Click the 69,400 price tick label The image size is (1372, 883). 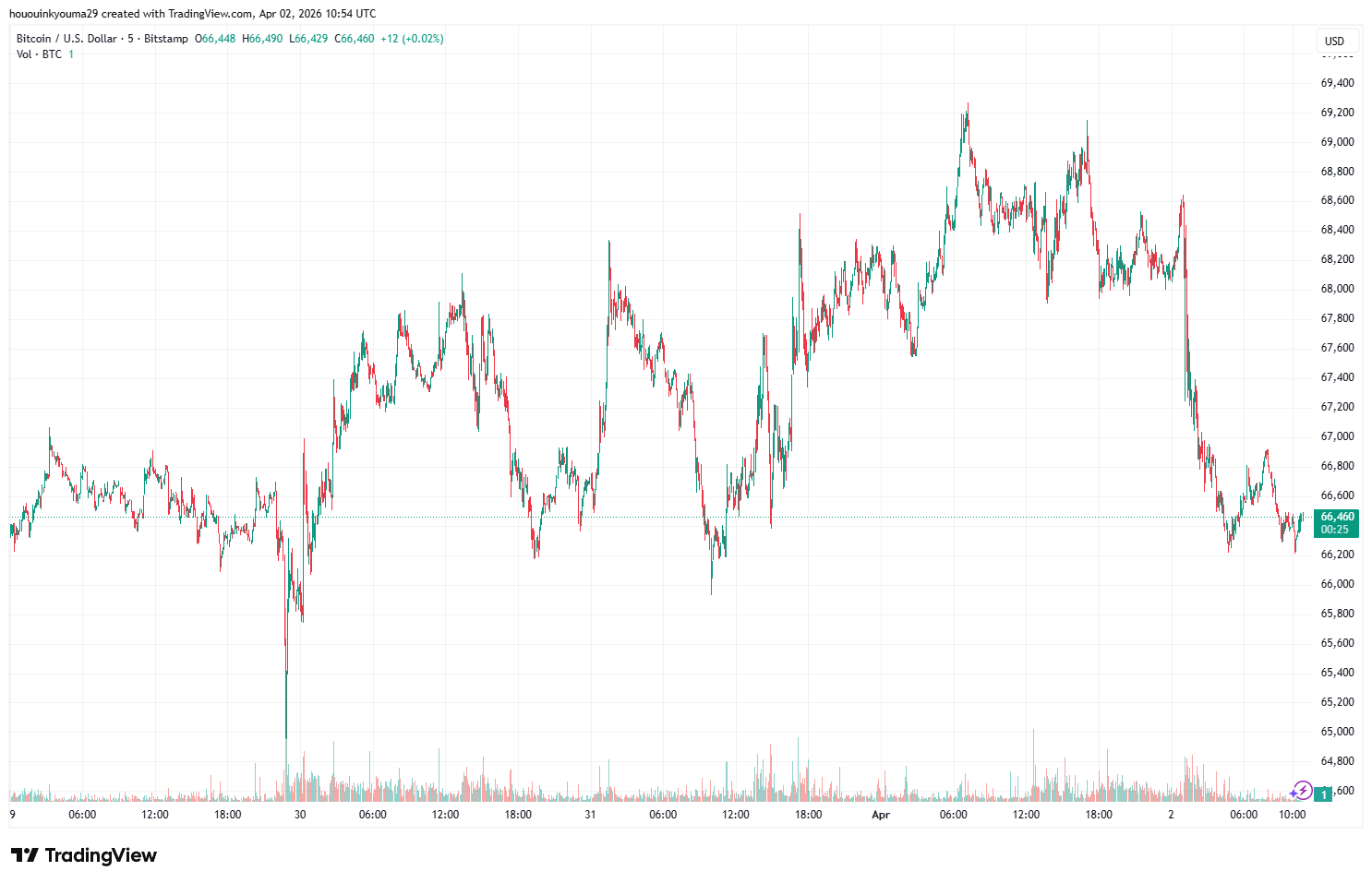[x=1337, y=83]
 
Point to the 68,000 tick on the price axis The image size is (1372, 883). [x=1337, y=289]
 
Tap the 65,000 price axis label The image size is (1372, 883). [x=1337, y=732]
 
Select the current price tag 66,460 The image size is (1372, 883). [x=1337, y=517]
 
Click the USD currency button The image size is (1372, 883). [x=1334, y=41]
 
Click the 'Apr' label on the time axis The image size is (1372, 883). [x=881, y=815]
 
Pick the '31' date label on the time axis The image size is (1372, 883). [x=590, y=815]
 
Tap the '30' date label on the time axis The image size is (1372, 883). [x=300, y=815]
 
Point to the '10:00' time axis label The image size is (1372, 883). [x=1292, y=815]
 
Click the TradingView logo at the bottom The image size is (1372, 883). [x=84, y=855]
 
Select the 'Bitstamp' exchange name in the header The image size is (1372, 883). [x=166, y=39]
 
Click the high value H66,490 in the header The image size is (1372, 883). [x=262, y=39]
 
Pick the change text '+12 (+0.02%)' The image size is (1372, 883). [x=412, y=39]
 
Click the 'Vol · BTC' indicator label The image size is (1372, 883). [x=39, y=54]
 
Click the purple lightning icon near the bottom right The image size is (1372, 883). [x=1302, y=790]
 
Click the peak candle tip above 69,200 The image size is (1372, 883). [x=968, y=103]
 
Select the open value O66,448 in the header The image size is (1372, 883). [x=215, y=39]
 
